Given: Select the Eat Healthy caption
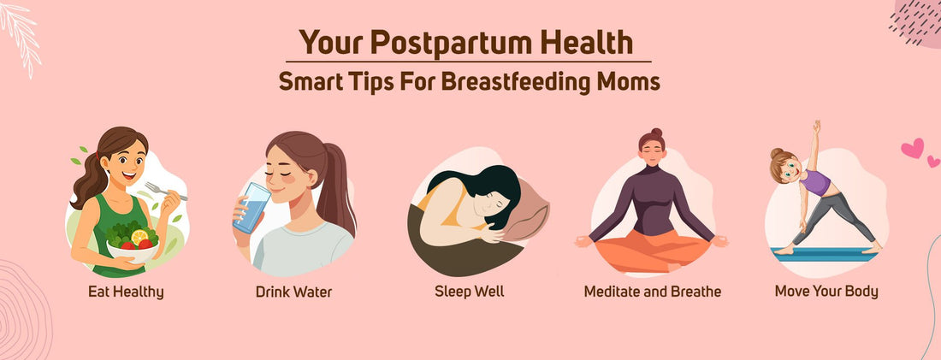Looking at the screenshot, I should click(126, 292).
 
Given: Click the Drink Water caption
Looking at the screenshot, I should click(293, 292).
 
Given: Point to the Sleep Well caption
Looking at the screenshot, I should click(469, 292).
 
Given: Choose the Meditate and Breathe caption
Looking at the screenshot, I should click(652, 292).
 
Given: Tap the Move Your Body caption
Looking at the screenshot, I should click(826, 292).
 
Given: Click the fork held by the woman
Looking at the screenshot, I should click(165, 191).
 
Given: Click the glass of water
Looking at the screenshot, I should click(252, 208).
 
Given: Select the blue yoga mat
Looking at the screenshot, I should click(825, 251).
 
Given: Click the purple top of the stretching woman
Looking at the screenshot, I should click(818, 183).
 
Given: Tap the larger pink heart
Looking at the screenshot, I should click(912, 149).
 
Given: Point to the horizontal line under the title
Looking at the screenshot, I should click(468, 62).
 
